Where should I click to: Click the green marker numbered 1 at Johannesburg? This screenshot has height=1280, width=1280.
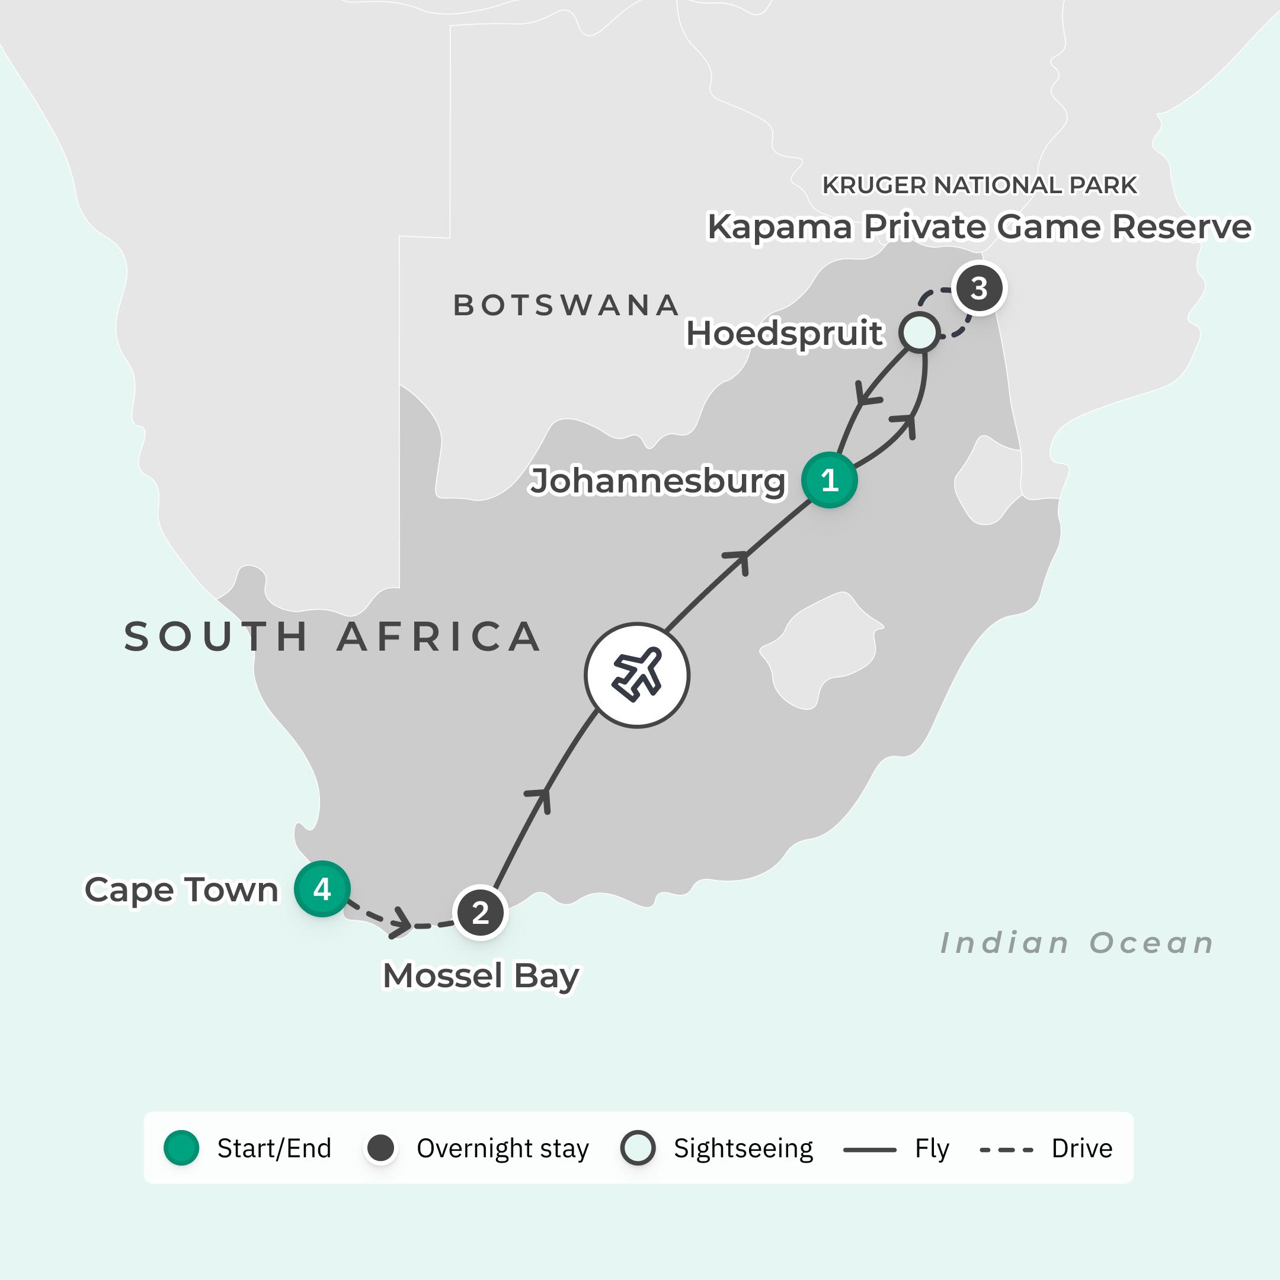tap(829, 479)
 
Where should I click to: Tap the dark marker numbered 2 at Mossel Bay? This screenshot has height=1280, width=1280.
tap(481, 913)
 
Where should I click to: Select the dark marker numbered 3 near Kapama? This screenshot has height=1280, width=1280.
tap(978, 288)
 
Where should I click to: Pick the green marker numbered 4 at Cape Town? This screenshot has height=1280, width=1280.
tap(322, 888)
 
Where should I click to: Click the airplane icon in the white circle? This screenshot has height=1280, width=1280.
tap(636, 675)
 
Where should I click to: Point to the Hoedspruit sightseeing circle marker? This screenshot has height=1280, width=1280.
tap(919, 332)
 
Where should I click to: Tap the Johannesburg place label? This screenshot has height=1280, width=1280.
tap(657, 481)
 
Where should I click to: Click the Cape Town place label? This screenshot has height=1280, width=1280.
tap(181, 889)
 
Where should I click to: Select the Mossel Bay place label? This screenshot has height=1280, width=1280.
tap(481, 975)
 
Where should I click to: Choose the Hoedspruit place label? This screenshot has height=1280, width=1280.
tap(784, 332)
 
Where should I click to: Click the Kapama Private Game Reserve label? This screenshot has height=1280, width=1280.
tap(978, 226)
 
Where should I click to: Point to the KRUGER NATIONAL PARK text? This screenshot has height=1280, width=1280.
tap(978, 185)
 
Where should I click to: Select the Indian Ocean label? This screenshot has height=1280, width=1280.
tap(1077, 943)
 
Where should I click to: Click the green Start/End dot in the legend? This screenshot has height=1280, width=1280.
tap(181, 1148)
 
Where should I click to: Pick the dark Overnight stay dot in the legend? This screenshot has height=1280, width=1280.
tap(381, 1148)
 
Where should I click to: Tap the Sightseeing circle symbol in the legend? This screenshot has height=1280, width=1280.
tap(638, 1148)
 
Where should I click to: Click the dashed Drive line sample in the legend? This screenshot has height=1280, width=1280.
tap(1006, 1150)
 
